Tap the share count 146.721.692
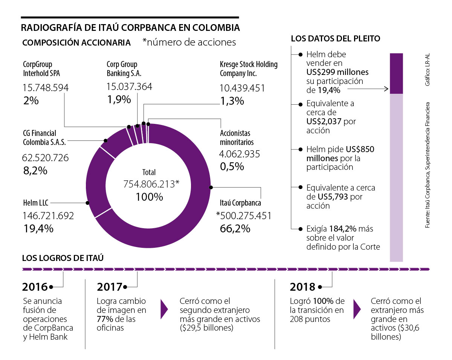[x=48, y=216]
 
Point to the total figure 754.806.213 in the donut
[x=151, y=184]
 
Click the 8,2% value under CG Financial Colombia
[x=35, y=170]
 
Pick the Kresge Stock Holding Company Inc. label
[x=248, y=69]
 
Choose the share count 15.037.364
[x=129, y=87]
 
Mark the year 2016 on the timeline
[x=35, y=287]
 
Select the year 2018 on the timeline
[x=302, y=287]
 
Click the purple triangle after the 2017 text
[x=164, y=309]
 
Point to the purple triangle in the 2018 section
[x=357, y=309]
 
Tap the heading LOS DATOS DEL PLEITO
[x=336, y=38]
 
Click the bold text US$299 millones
[x=337, y=72]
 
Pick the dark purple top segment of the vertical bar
[x=396, y=73]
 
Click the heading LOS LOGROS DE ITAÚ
[x=63, y=258]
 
